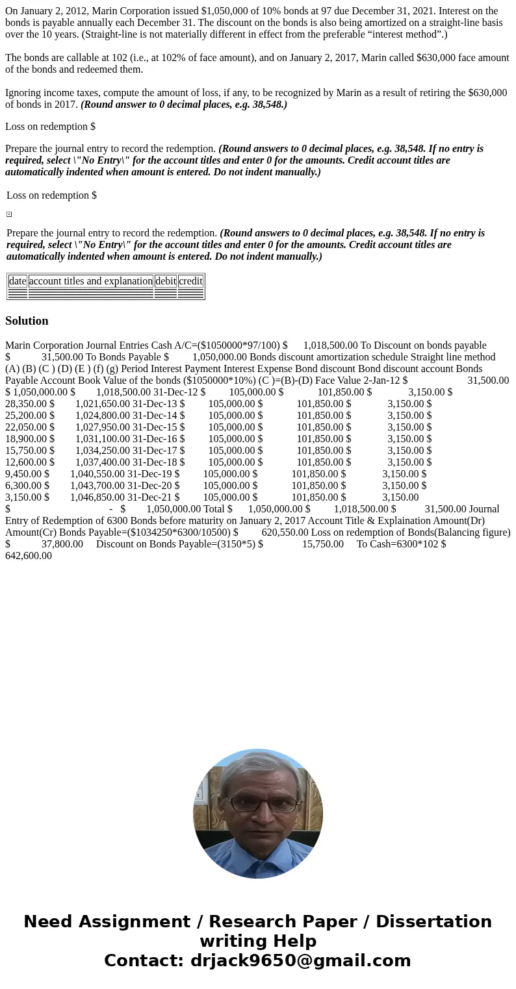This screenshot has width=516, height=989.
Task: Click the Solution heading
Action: click(x=27, y=321)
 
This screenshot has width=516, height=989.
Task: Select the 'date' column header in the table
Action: click(x=18, y=281)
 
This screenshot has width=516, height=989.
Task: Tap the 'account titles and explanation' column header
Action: click(x=91, y=281)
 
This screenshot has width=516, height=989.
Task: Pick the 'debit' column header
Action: click(x=166, y=281)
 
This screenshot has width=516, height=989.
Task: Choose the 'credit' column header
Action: click(x=190, y=281)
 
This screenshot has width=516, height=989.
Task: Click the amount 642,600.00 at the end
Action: click(x=29, y=555)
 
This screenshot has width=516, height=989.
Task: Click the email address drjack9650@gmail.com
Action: click(x=300, y=960)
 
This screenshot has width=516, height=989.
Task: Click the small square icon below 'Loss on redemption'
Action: click(x=9, y=214)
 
